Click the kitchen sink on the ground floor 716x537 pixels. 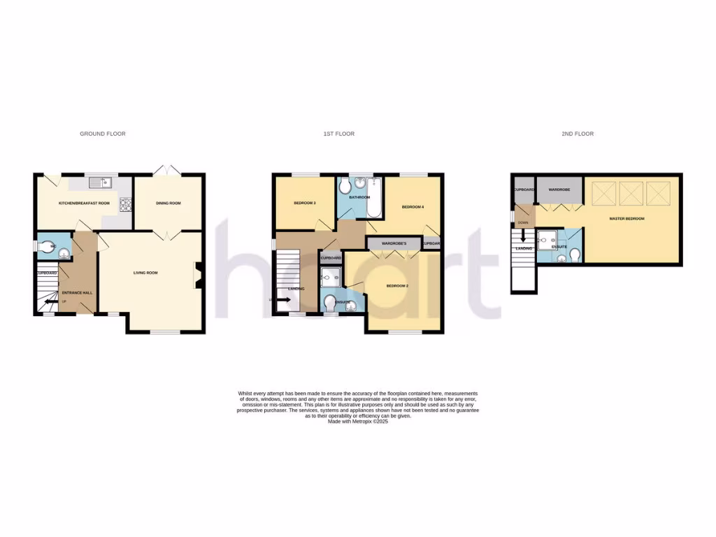102,183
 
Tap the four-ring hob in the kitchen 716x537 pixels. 126,204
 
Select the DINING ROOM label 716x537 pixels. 169,203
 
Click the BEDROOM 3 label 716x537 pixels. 304,203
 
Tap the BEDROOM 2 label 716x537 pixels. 397,286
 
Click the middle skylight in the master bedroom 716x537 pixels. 631,192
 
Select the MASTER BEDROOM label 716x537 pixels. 626,219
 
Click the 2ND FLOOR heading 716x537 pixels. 577,134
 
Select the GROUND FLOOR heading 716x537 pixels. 103,134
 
